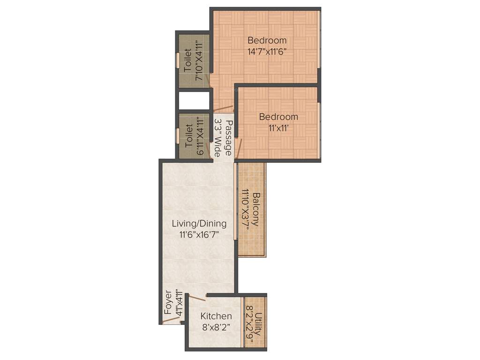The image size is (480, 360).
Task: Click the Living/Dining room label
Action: pos(199,224)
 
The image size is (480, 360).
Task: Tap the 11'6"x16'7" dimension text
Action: pos(199,234)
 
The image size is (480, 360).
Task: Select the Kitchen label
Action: pos(216,316)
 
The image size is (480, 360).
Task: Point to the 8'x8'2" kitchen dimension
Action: pos(216,327)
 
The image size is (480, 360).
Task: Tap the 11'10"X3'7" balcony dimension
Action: pos(245,209)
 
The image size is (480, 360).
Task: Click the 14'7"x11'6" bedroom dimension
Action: pos(267,52)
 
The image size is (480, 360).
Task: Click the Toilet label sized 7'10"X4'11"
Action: pos(187,60)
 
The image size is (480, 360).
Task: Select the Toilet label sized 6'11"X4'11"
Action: pos(188,136)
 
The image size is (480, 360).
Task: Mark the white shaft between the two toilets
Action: pos(193,100)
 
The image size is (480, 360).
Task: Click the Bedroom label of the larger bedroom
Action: pos(267,40)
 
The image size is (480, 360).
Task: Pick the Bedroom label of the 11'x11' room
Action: pos(278,117)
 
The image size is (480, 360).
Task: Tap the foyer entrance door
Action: pos(172,321)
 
